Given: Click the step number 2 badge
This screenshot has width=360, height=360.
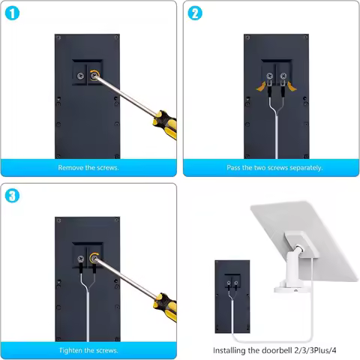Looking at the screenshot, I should click(195, 13).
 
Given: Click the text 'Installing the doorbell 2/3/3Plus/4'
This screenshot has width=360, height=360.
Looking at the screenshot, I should click(270, 350).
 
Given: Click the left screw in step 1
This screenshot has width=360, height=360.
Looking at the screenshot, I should click(80, 76).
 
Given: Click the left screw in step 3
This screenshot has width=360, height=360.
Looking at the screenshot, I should click(80, 260).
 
